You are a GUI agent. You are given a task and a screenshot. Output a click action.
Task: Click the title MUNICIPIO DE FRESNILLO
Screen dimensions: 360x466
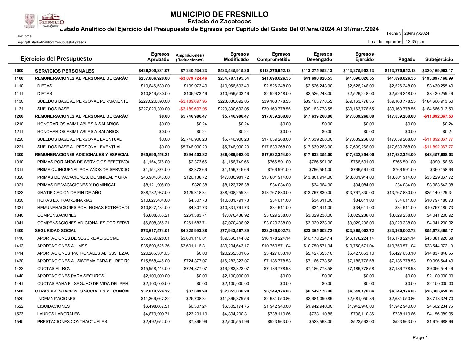[219, 14]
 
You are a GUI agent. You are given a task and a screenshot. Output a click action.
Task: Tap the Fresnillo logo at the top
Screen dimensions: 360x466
[44, 21]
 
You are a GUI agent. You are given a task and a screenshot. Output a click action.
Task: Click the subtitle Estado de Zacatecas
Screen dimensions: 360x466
[219, 22]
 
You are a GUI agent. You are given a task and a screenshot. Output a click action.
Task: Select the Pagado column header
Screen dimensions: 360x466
[407, 59]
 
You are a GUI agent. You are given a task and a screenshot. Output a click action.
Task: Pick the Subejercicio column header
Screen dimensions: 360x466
[439, 59]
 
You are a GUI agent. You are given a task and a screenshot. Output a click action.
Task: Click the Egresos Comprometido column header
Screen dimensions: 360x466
[274, 57]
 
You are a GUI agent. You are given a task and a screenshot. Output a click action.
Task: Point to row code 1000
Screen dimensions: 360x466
[19, 71]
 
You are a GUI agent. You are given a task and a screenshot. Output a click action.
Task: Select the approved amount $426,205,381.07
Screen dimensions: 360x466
[154, 71]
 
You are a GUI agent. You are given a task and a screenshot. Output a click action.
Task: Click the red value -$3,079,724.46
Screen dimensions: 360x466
[193, 78]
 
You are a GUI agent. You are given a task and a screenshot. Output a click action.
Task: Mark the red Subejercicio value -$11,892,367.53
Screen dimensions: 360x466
[438, 116]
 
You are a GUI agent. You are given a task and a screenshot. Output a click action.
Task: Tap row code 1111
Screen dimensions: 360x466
[19, 94]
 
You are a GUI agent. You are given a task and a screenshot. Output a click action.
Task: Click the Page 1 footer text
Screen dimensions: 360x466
[420, 337]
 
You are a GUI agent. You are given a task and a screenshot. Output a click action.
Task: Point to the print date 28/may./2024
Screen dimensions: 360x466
[417, 33]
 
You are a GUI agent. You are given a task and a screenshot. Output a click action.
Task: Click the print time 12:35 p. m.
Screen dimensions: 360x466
[416, 42]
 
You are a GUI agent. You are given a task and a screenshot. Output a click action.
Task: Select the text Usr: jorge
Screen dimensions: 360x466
[24, 36]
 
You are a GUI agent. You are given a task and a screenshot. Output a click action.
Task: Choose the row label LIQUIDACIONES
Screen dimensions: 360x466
[53, 306]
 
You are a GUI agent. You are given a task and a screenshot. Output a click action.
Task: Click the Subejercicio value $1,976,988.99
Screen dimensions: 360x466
[440, 322]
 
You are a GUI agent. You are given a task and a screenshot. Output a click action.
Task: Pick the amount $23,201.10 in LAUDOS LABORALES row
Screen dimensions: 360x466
[196, 314]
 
